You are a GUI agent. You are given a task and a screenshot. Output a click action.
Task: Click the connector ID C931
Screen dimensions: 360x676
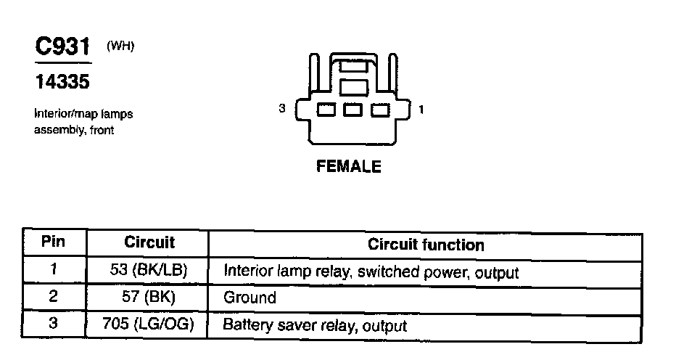pos(62,49)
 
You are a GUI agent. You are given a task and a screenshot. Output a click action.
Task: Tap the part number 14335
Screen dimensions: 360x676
pos(62,83)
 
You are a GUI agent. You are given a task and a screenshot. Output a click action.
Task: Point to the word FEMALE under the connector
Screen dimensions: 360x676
pos(349,166)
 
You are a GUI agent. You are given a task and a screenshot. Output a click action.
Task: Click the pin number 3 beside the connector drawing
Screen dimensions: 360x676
pos(282,110)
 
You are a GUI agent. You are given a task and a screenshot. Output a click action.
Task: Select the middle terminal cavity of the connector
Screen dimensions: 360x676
pos(353,110)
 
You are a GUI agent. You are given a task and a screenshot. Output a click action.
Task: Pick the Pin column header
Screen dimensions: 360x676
pos(53,242)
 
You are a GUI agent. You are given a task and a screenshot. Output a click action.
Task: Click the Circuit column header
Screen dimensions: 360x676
pos(149,242)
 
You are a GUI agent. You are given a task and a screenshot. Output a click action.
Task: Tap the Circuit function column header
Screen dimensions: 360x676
pos(426,244)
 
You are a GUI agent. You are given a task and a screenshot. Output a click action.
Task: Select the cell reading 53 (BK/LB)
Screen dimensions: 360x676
pos(149,271)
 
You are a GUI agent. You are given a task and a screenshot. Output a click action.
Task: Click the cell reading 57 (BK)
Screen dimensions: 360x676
pos(149,298)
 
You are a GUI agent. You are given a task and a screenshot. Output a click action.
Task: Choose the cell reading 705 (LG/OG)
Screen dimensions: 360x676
pos(149,324)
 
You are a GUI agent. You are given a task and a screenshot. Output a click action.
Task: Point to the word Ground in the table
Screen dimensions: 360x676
pos(250,298)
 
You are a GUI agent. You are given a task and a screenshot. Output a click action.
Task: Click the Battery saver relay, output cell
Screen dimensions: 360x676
pos(314,325)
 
